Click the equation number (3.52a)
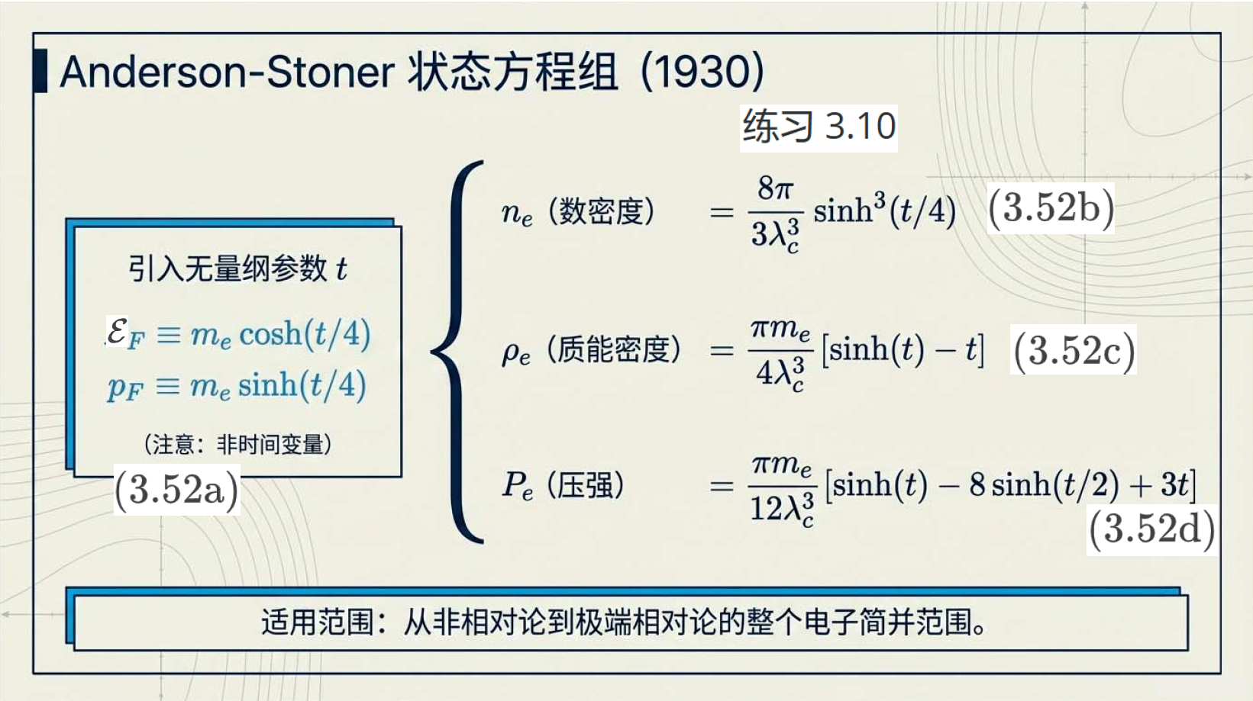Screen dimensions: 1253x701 click(176, 490)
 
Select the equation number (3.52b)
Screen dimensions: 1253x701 click(1051, 208)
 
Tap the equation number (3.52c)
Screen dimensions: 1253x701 click(1074, 351)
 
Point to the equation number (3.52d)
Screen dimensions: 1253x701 click(1151, 529)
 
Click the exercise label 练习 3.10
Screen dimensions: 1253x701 click(819, 127)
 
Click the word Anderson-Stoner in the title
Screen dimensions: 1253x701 click(228, 72)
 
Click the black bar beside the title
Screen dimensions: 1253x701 click(40, 70)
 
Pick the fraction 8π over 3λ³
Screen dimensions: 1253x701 click(776, 214)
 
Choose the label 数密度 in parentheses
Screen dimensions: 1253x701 click(602, 212)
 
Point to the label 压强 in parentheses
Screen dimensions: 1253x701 click(585, 485)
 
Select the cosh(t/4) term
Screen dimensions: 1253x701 click(305, 334)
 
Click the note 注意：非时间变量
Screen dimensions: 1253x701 click(238, 445)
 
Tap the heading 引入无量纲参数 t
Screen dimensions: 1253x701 click(238, 269)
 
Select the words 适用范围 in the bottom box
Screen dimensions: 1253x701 click(317, 622)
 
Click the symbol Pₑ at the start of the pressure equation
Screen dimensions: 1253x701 click(517, 485)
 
